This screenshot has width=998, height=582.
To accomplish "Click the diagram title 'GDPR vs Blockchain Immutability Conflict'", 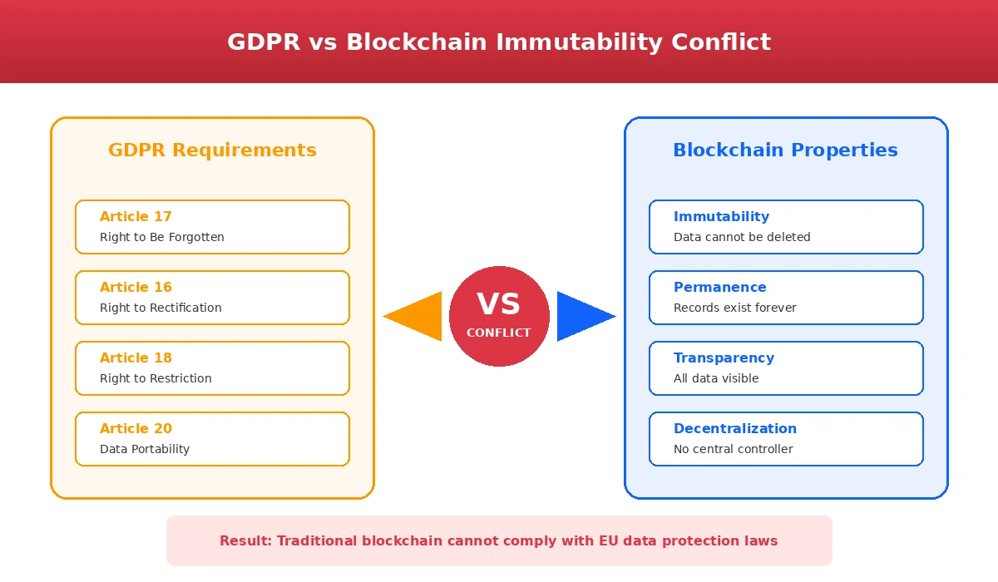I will point(499,42).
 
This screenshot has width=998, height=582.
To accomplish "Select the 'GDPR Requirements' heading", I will point(212,150).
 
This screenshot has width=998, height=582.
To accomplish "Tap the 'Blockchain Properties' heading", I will point(785,150).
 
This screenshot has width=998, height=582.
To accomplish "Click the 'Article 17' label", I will point(136,216).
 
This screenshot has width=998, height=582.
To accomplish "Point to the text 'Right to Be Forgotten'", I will point(162,237).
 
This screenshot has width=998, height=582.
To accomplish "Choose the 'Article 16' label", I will point(136,287).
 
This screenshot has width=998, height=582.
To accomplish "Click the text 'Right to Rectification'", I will point(161,308).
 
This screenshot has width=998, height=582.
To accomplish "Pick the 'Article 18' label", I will point(136,358).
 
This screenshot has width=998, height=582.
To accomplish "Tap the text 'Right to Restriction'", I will point(156,378).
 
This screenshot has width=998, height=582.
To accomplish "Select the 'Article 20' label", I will point(136,428).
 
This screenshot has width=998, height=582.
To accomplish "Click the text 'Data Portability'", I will point(145,449).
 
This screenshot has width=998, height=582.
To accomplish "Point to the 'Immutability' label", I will point(721,216).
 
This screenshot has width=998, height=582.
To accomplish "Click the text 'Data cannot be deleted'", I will point(742,237).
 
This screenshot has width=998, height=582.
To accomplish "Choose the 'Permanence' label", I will point(719,287).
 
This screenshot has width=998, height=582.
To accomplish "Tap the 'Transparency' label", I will point(724,358).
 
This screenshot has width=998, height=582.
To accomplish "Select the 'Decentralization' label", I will point(734,428).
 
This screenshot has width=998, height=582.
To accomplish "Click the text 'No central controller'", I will point(733,449).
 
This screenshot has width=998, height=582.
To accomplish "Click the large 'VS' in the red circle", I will point(499,304).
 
